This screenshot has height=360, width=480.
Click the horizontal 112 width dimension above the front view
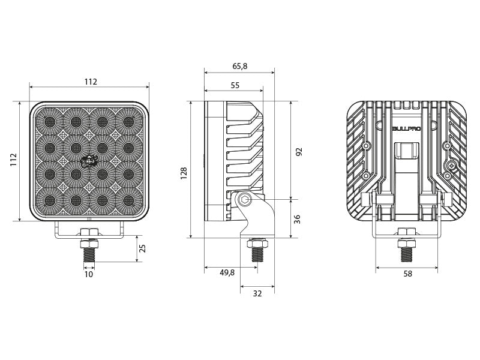click(x=90, y=82)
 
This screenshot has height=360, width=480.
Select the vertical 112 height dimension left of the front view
click(x=14, y=161)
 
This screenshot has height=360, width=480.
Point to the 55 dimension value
click(x=234, y=86)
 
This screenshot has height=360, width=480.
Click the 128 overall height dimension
click(x=184, y=172)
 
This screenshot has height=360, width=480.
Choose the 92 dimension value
click(x=298, y=152)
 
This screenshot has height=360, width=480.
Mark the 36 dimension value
click(x=298, y=219)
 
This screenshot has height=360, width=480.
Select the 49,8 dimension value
click(x=227, y=273)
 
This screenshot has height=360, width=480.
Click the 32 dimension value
click(x=257, y=293)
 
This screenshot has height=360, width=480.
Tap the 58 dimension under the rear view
click(x=408, y=274)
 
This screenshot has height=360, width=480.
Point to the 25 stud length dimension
click(x=142, y=249)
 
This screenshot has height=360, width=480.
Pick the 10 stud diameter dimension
click(x=89, y=274)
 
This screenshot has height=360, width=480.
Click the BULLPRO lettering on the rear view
click(x=407, y=128)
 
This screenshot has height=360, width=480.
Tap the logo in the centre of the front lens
click(x=89, y=161)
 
